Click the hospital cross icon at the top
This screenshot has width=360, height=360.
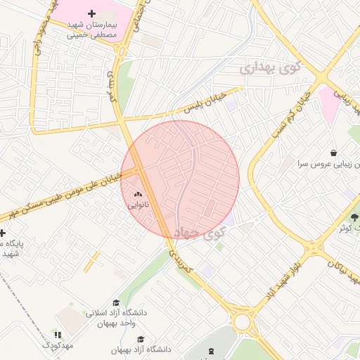tap(91, 13)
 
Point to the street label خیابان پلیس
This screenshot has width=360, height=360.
tap(205, 103)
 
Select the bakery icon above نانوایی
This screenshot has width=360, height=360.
tap(138, 195)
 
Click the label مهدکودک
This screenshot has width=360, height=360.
tap(57, 346)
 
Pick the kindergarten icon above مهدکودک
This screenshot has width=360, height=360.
tap(58, 335)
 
